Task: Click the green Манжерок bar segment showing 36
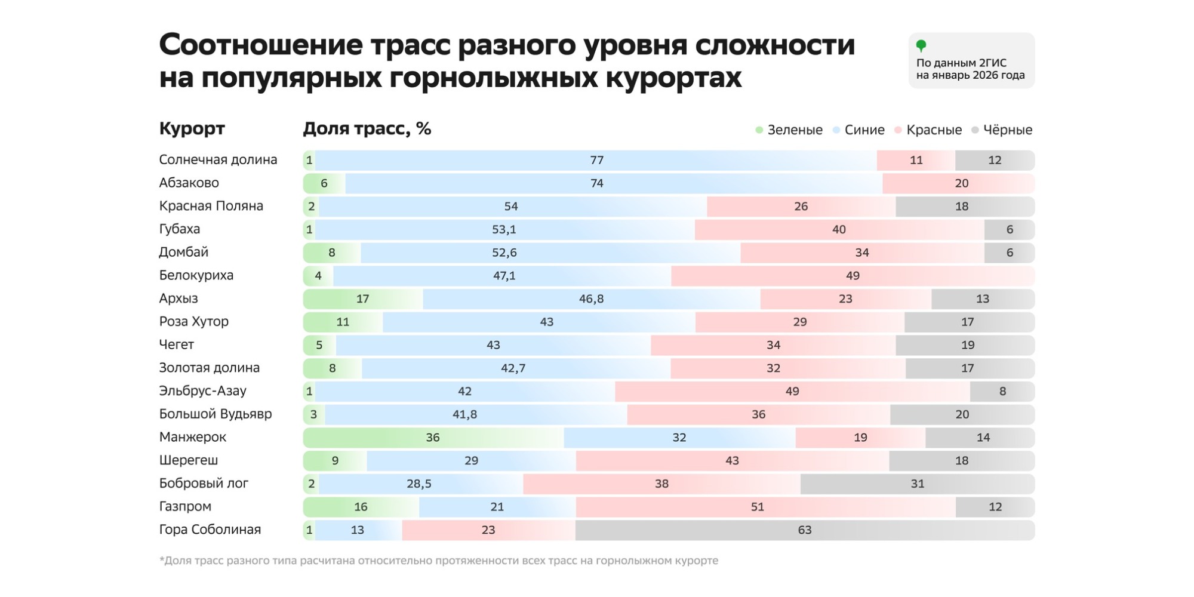pos(433,438)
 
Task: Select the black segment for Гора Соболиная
pos(804,530)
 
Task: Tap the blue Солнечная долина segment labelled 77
pos(596,160)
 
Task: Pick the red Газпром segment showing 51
pos(757,507)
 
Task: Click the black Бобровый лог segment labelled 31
pos(917,484)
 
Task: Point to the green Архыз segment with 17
pos(362,298)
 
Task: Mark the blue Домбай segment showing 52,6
pos(504,253)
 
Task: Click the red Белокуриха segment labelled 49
pos(852,276)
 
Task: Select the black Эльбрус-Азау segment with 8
pos(1002,392)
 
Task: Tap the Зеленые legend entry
pos(789,130)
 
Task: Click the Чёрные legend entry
pos(1002,130)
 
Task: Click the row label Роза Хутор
pos(193,322)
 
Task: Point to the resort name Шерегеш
pos(188,460)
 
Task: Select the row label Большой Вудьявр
pos(215,414)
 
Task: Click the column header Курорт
pos(192,128)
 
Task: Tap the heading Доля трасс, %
pos(367,128)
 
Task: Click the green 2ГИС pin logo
pos(921,45)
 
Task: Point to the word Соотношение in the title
pos(261,45)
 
